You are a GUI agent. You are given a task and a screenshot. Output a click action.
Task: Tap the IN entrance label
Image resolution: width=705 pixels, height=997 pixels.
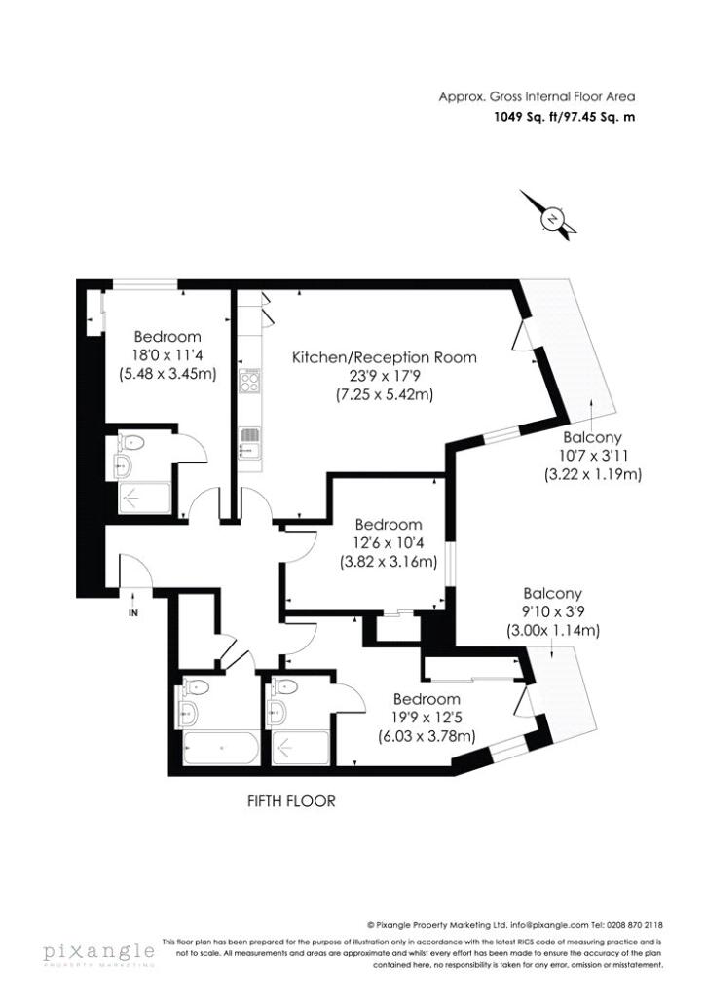point(133,613)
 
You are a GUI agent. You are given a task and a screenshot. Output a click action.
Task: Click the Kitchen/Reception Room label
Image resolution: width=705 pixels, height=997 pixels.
point(385,357)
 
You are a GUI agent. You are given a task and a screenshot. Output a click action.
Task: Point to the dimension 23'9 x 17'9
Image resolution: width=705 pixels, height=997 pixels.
point(385,376)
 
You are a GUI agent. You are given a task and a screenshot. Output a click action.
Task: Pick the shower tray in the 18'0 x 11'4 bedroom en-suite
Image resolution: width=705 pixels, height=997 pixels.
point(143,498)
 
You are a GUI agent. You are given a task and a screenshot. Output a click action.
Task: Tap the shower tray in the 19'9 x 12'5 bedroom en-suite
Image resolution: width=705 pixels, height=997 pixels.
point(299,749)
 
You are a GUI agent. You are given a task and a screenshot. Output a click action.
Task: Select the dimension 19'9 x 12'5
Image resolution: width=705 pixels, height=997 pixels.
point(426,718)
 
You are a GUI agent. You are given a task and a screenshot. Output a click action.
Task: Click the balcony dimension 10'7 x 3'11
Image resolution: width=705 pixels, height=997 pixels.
point(591,457)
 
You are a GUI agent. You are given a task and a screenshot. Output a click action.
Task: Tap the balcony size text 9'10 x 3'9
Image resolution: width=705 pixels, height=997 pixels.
point(552,611)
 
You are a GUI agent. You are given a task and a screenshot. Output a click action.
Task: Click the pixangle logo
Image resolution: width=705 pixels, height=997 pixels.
point(97,951)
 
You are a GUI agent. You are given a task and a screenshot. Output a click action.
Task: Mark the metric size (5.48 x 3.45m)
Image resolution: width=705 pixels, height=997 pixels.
point(167,373)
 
